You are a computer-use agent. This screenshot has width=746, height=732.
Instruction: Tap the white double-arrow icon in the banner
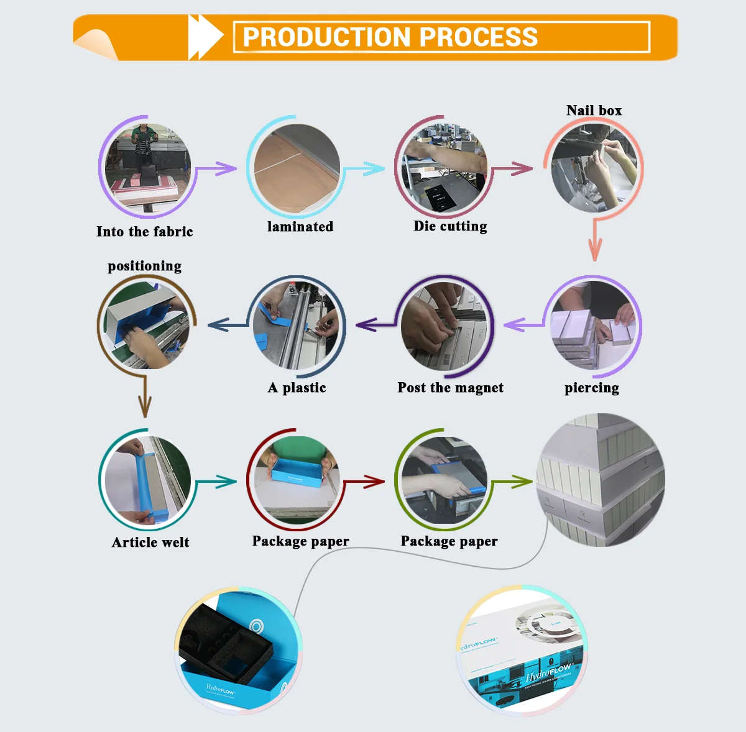205,37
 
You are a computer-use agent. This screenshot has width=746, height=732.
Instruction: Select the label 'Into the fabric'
145,232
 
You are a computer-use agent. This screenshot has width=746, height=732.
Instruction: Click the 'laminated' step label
300,227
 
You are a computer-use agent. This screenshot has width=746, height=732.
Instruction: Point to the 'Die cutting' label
450,226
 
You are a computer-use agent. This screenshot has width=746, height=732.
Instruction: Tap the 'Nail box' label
594,111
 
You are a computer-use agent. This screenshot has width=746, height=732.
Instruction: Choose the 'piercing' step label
591,388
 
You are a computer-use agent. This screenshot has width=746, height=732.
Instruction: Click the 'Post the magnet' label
450,388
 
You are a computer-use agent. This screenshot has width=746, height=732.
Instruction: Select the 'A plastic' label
297,388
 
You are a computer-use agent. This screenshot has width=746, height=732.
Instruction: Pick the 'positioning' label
144,266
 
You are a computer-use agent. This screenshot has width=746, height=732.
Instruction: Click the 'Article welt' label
150,542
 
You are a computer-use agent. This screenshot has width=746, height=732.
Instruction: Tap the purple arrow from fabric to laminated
218,168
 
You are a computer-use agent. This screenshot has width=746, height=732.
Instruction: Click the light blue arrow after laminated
367,168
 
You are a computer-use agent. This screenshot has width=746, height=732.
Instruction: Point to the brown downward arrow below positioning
144,398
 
